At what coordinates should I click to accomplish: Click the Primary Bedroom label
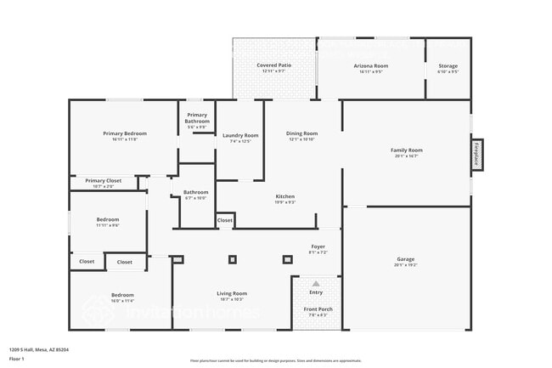click(x=125, y=133)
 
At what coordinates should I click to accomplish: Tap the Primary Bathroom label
click(x=196, y=118)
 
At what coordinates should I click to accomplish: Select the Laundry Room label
click(x=240, y=135)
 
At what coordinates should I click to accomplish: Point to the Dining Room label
click(x=301, y=133)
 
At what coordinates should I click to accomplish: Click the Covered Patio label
click(x=274, y=65)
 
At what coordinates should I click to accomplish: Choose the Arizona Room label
click(x=370, y=65)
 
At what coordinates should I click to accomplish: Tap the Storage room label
click(x=448, y=65)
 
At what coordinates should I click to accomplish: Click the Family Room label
click(x=406, y=150)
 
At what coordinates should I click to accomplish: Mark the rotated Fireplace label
click(x=476, y=157)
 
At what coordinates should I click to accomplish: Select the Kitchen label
click(x=284, y=196)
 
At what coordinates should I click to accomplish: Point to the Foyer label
click(x=318, y=246)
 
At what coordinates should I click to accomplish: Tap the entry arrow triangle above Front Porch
click(x=316, y=284)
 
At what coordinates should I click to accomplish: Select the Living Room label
click(x=232, y=293)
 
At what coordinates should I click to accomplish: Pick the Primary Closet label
click(x=103, y=180)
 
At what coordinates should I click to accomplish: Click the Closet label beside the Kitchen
click(x=224, y=220)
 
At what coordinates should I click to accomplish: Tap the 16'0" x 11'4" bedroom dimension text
click(x=122, y=301)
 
